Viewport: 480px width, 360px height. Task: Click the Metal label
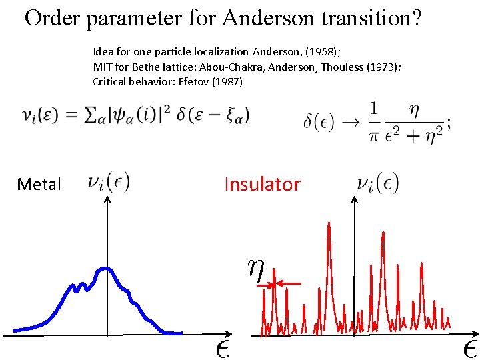(39, 185)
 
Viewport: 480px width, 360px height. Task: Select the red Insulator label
(262, 184)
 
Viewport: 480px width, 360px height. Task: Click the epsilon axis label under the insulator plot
(469, 348)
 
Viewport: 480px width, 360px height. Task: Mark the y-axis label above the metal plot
(109, 181)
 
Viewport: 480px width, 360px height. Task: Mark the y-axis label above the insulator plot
(378, 182)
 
